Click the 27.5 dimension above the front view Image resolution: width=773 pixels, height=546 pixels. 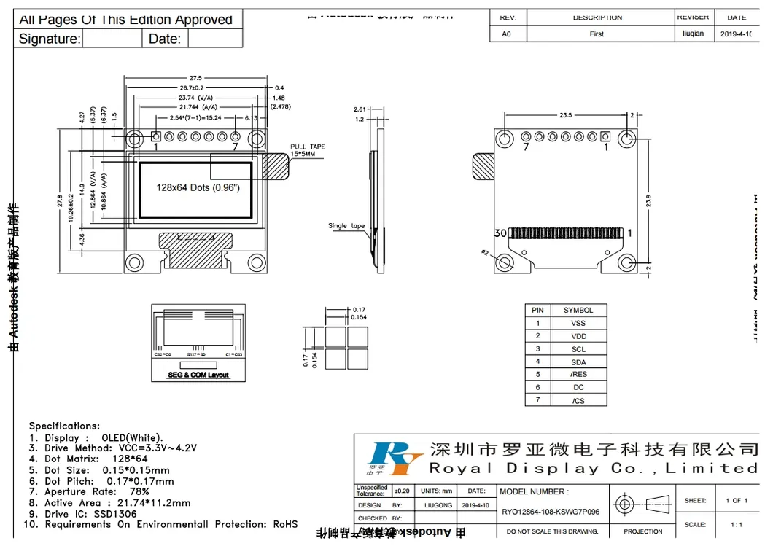click(x=195, y=78)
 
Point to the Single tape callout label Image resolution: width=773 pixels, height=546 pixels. click(x=346, y=226)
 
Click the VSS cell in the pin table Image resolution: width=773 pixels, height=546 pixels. click(x=578, y=323)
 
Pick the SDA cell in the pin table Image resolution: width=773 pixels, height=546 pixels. click(x=578, y=362)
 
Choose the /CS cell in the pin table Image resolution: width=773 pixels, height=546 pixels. click(x=578, y=401)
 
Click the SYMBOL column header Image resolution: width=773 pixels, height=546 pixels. click(x=578, y=310)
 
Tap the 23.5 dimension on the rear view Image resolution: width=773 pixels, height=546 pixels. click(x=565, y=115)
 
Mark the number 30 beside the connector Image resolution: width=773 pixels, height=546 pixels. click(x=500, y=233)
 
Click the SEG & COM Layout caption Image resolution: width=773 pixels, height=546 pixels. click(x=198, y=375)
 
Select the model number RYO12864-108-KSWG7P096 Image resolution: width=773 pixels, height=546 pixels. click(x=551, y=512)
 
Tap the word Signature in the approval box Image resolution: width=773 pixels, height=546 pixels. click(x=49, y=39)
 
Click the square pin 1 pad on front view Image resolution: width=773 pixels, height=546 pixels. click(x=156, y=136)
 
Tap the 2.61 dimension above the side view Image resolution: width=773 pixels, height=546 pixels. click(x=359, y=109)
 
